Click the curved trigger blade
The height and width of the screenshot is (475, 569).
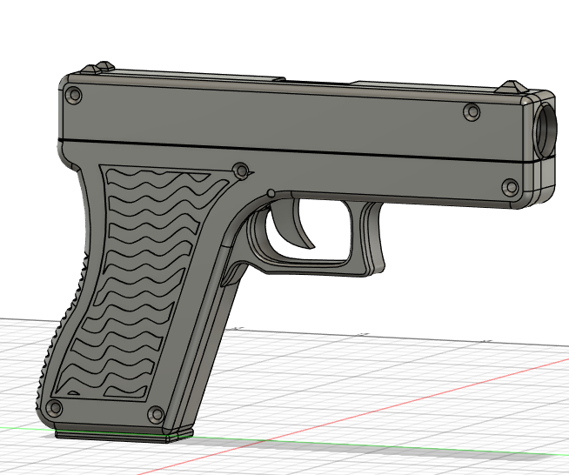[x=295, y=226]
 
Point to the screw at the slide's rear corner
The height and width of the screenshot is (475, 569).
[x=74, y=93]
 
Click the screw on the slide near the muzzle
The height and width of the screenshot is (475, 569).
[x=472, y=112]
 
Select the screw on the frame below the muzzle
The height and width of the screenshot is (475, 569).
[x=511, y=186]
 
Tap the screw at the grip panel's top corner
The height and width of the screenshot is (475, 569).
[x=241, y=170]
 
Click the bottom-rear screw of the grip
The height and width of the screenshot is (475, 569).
[x=56, y=407]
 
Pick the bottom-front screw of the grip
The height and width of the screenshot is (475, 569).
[x=157, y=413]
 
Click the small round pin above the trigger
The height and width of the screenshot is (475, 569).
[x=271, y=192]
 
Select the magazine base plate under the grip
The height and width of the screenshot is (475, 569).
[x=122, y=432]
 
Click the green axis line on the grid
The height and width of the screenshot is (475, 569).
[x=348, y=445]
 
